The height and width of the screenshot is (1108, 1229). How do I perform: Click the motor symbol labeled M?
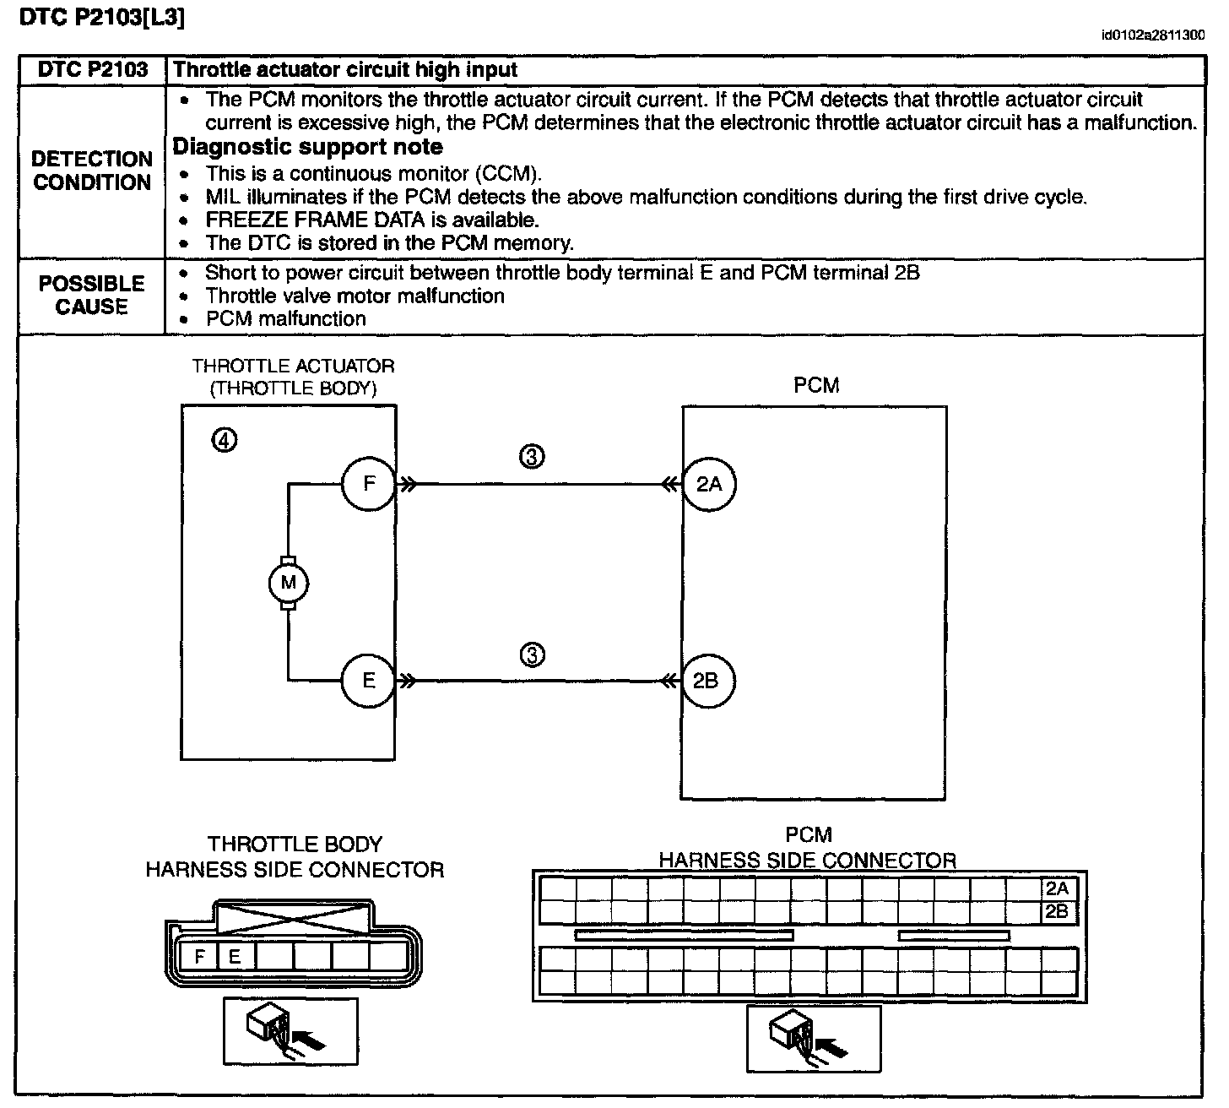point(289,583)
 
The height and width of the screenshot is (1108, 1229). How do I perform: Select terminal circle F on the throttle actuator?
point(369,484)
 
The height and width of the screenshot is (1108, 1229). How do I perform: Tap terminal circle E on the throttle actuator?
point(369,680)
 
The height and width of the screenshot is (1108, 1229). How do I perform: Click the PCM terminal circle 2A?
point(709,484)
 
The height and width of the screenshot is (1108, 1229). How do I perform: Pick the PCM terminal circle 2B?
point(707,681)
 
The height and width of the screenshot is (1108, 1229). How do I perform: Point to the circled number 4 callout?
point(225,440)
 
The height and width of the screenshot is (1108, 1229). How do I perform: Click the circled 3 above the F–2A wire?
point(532,457)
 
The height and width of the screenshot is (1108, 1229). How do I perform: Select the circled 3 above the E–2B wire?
point(532,654)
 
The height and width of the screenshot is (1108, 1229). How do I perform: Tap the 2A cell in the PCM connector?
point(1057,888)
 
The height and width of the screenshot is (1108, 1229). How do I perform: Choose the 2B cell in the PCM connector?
point(1057,911)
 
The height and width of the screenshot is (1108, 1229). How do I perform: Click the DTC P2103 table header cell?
point(93,70)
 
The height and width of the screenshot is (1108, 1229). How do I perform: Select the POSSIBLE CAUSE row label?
point(91,295)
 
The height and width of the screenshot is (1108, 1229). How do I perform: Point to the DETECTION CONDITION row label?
point(92,171)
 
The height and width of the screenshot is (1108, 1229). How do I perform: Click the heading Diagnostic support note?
point(308,147)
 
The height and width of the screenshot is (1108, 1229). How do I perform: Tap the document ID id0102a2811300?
point(1152,35)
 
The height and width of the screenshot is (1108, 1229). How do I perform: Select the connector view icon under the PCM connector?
point(813,1037)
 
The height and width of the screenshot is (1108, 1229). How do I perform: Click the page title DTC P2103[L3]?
point(101,18)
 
